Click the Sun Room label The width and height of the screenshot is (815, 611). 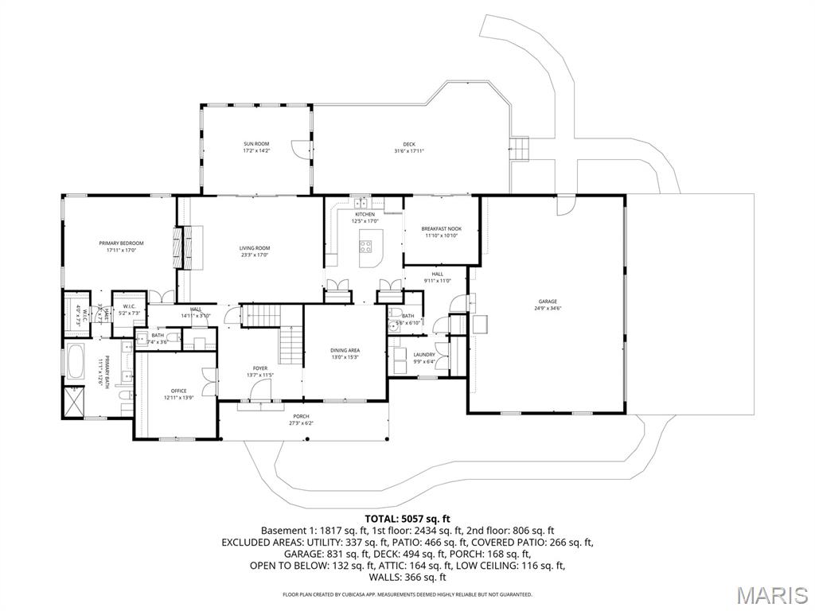[x=256, y=147]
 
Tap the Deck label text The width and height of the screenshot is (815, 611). [x=408, y=147]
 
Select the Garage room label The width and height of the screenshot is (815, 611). [x=547, y=305]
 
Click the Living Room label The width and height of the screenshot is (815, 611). [x=255, y=251]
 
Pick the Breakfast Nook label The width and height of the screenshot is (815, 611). [x=441, y=232]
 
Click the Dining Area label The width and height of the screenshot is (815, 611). [x=345, y=353]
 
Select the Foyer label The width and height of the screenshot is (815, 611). [x=260, y=372]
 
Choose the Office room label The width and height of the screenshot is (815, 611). [x=178, y=394]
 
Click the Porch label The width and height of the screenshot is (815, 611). [x=301, y=419]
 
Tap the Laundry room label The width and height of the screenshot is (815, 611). [x=423, y=358]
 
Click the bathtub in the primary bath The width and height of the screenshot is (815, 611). [x=77, y=363]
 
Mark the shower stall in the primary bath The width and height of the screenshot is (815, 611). [x=73, y=402]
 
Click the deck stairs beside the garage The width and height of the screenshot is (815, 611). [x=521, y=147]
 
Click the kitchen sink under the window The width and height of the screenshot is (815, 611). [x=361, y=202]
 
